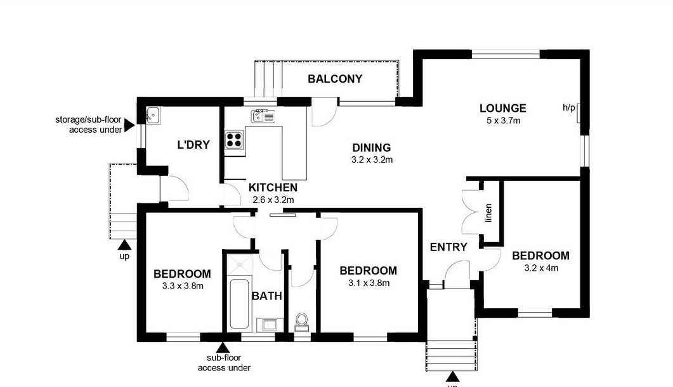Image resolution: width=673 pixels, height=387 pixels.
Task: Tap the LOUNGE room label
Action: (x=502, y=109)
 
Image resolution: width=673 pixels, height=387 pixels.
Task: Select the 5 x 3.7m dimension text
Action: (x=503, y=121)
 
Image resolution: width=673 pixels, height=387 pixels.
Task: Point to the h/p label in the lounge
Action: (x=569, y=108)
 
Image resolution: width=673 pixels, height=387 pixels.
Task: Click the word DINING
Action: (x=372, y=148)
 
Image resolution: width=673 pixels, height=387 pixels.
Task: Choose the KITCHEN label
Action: (x=273, y=187)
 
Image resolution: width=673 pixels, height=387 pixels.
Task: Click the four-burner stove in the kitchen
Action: (x=234, y=139)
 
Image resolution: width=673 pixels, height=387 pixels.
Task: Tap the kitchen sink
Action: (x=263, y=116)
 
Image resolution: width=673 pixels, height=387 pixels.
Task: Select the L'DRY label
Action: (x=193, y=145)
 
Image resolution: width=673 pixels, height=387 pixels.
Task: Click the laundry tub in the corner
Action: (x=154, y=116)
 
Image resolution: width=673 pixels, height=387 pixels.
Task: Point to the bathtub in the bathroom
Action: (x=238, y=304)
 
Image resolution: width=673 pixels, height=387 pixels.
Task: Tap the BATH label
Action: (x=267, y=296)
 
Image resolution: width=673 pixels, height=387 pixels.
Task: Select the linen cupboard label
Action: (x=488, y=213)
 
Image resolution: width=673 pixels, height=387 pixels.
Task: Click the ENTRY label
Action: (x=448, y=247)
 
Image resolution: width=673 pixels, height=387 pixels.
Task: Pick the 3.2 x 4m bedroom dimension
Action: (x=541, y=268)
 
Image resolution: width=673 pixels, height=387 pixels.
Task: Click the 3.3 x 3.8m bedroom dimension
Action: (x=183, y=285)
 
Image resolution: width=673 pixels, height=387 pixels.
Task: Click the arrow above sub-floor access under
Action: (x=223, y=348)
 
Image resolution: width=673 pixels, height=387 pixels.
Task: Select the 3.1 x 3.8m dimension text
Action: (x=369, y=283)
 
